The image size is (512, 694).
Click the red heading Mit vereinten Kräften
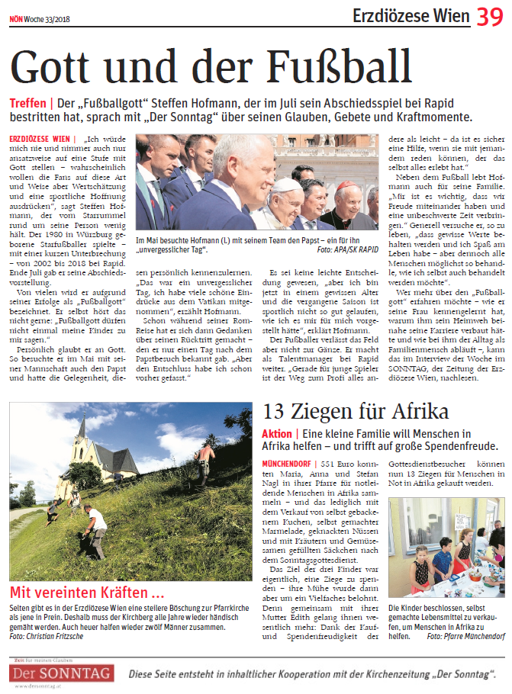pos(86,593)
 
